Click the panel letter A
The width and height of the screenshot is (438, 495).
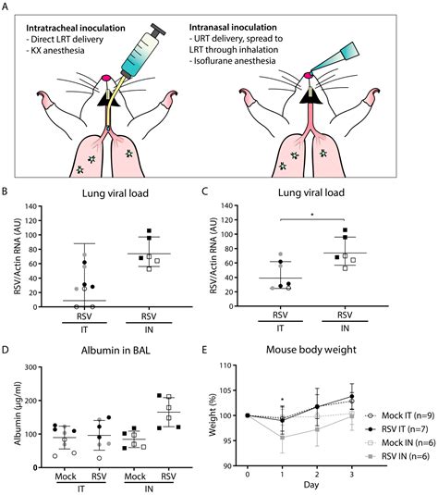pyautogui.click(x=7, y=7)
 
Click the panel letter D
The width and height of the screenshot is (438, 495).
pyautogui.click(x=7, y=351)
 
